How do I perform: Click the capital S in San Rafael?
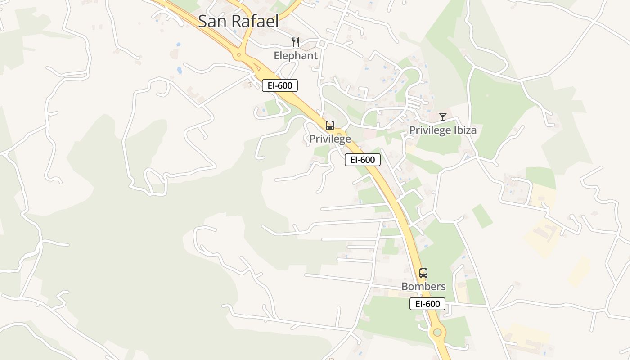203,21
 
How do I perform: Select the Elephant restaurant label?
296,56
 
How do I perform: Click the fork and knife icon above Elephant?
296,42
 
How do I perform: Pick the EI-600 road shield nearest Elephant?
280,85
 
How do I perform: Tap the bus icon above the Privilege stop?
330,126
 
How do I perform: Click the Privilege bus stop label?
330,139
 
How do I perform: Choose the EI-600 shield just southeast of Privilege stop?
363,160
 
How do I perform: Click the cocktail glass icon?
443,117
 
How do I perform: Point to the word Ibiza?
465,130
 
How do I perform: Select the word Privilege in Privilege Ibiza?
430,130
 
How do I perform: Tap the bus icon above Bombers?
423,273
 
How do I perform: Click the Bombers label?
423,287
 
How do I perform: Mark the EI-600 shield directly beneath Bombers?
427,304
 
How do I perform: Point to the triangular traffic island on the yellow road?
257,67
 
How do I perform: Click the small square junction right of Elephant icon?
322,43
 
